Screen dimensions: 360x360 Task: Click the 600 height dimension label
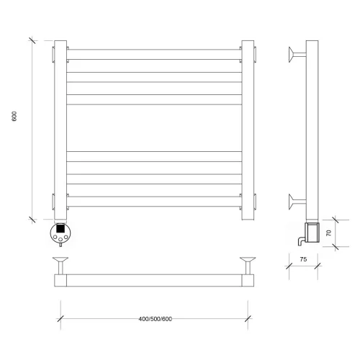(x=14, y=116)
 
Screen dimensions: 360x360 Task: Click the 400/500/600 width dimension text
(x=156, y=319)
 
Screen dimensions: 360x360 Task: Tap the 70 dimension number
(x=329, y=233)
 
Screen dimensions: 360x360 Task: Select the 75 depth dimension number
(x=303, y=259)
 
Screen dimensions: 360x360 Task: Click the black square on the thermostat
(x=60, y=228)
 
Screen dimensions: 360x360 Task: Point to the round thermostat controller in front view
(x=60, y=233)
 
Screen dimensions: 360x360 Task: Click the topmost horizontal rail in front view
(x=154, y=55)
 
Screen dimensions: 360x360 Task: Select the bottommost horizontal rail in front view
(x=154, y=202)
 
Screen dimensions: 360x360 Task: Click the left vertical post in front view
(x=60, y=130)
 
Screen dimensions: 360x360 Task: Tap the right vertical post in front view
(x=248, y=130)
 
